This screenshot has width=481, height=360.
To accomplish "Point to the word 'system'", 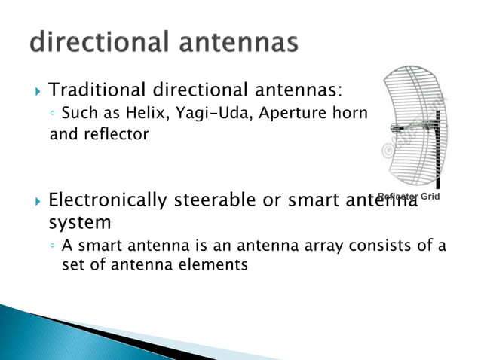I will pos(79,224).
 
